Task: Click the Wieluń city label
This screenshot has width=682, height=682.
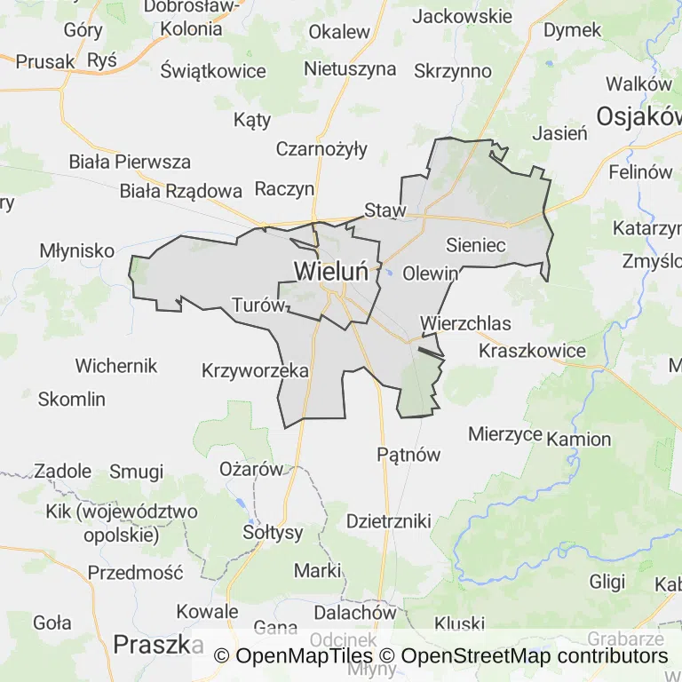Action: [331, 271]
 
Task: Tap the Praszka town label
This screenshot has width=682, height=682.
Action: [153, 644]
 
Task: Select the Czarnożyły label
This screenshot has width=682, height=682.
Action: [321, 149]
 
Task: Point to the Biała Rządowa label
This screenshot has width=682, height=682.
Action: [181, 191]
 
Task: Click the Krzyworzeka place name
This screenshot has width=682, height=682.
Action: [255, 370]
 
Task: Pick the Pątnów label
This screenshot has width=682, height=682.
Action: [408, 455]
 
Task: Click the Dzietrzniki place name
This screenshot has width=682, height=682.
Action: [389, 520]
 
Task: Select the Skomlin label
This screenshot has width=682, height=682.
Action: [72, 400]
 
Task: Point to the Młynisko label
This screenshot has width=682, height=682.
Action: [77, 251]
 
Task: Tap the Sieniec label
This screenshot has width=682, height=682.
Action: [476, 244]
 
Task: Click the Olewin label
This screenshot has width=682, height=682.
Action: [431, 274]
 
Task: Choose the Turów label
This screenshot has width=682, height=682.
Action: [258, 305]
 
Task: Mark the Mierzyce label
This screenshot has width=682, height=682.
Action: [505, 434]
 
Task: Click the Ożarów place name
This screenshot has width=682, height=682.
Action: [250, 469]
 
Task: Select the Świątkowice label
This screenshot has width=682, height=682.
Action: [213, 71]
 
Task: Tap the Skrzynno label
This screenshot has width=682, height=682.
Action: [453, 70]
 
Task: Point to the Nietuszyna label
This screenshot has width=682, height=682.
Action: [350, 68]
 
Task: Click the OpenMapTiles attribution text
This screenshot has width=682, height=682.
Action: [294, 657]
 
